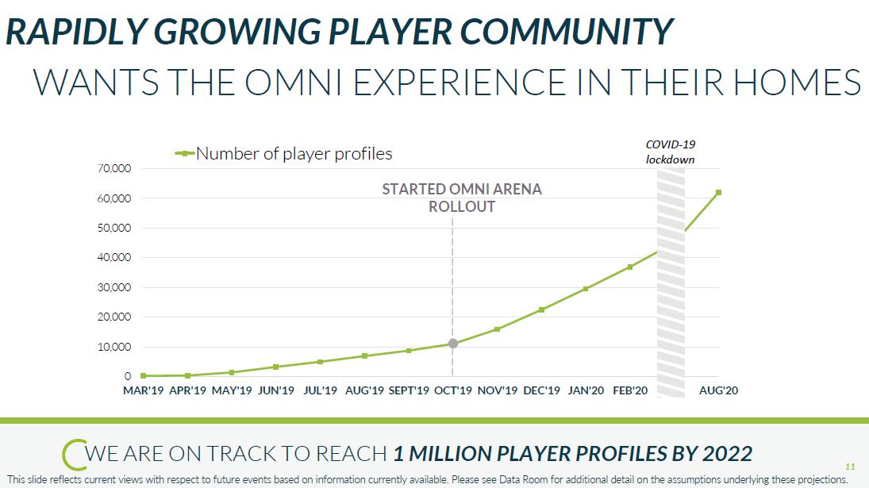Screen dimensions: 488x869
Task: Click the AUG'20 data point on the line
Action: pyautogui.click(x=717, y=192)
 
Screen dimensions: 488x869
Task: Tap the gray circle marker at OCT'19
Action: pyautogui.click(x=452, y=344)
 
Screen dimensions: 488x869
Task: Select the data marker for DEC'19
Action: pyautogui.click(x=541, y=309)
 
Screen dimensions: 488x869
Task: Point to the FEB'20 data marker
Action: pyautogui.click(x=630, y=267)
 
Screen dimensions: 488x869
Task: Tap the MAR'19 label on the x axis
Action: pyautogui.click(x=144, y=390)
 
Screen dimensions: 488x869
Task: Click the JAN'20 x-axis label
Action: pyautogui.click(x=586, y=390)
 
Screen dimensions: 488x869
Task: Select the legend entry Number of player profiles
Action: pyautogui.click(x=294, y=153)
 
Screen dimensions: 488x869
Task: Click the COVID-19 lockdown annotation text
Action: pyautogui.click(x=670, y=152)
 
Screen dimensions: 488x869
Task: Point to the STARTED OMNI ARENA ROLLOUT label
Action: pyautogui.click(x=462, y=198)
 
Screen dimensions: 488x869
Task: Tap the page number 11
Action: pyautogui.click(x=850, y=467)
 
